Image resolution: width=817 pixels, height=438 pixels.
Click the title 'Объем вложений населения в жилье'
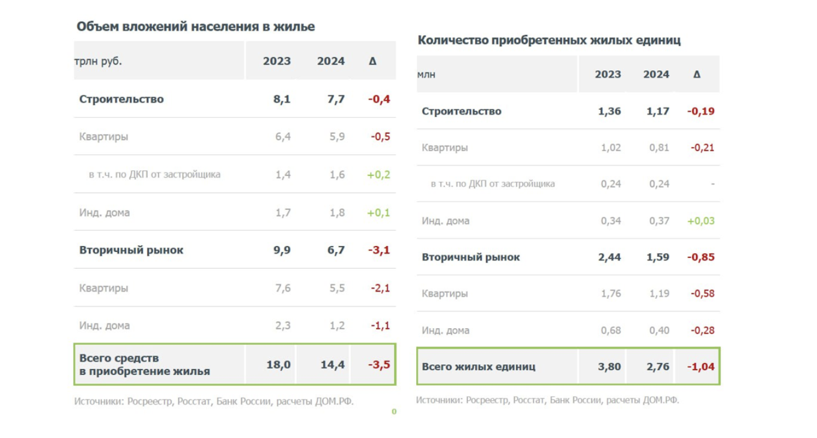195,26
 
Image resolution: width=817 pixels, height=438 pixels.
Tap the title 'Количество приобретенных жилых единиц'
549,40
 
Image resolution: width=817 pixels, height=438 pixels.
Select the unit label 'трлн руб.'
98,61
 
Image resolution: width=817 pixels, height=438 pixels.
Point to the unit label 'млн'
426,75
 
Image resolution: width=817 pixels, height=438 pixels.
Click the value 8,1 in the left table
282,99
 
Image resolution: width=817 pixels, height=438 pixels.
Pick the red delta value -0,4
379,99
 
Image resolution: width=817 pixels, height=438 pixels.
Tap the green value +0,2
378,175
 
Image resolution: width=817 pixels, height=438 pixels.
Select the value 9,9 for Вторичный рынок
282,250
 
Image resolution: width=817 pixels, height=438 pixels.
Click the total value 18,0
278,364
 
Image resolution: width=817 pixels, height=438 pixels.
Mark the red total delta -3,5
379,364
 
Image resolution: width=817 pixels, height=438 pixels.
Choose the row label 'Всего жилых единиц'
479,367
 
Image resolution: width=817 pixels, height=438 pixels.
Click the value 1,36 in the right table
610,111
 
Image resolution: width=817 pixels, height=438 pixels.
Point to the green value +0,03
700,221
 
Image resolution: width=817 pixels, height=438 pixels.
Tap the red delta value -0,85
700,257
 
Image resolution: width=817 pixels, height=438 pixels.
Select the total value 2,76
658,367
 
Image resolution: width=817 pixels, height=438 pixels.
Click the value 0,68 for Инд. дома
611,331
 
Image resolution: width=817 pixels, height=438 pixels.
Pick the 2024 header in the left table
331,61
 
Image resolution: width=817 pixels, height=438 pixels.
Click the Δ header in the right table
697,74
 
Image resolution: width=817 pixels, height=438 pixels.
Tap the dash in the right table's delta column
712,184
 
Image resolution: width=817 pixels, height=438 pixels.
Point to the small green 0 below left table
394,412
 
